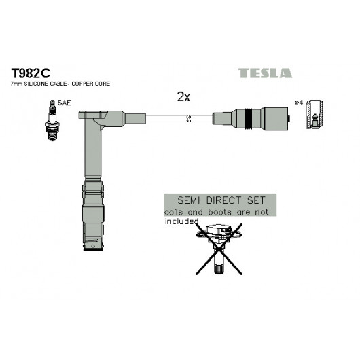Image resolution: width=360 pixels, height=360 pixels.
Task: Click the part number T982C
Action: point(31,73)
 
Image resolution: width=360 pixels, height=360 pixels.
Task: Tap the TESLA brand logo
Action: point(265,73)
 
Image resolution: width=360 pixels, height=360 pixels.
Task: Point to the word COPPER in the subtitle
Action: point(81,84)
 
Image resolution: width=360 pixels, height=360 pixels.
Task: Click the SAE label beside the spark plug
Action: point(65,103)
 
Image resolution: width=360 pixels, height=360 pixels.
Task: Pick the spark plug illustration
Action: point(52,120)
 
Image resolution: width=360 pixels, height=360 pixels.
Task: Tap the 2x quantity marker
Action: point(183,97)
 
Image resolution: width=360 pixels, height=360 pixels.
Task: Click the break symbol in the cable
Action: point(190,119)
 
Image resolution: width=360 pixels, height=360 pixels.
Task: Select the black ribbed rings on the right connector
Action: point(248,119)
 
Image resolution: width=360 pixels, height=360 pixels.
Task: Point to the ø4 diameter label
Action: point(299,103)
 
